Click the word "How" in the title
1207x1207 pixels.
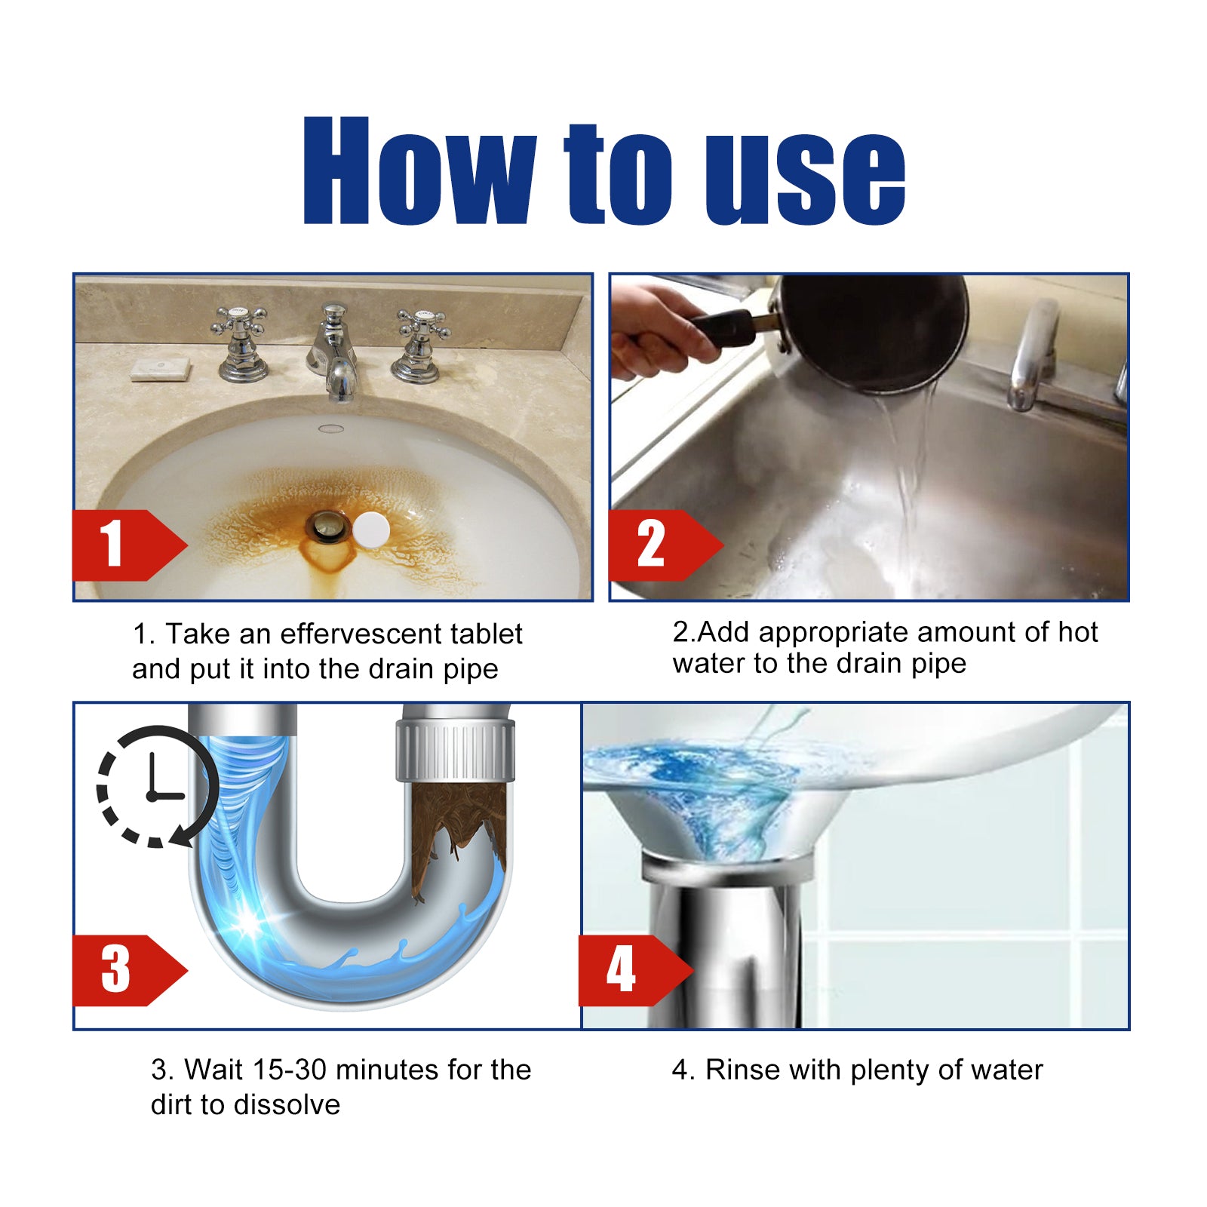click(419, 172)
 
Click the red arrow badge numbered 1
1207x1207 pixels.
click(124, 545)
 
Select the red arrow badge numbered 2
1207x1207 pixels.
click(660, 545)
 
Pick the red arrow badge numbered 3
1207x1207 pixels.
click(124, 970)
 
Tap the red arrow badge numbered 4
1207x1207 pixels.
click(630, 970)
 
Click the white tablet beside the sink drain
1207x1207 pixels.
click(371, 530)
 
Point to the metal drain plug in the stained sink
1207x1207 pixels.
click(327, 527)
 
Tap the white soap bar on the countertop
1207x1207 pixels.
click(161, 370)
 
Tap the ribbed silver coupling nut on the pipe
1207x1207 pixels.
click(456, 750)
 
